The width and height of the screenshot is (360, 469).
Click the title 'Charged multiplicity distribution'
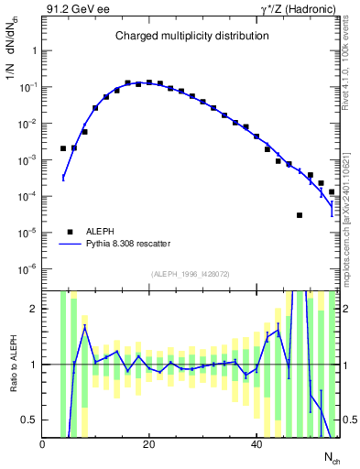191,36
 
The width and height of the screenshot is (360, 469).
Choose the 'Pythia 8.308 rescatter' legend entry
125,245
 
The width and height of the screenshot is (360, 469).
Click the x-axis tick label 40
256,444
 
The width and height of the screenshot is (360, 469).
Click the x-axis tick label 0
42,444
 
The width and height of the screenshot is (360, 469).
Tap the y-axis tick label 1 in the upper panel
34,51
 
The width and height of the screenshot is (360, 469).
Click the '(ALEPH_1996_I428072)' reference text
191,275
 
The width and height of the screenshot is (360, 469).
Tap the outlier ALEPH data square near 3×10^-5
300,215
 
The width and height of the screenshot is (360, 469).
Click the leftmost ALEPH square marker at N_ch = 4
63,148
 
